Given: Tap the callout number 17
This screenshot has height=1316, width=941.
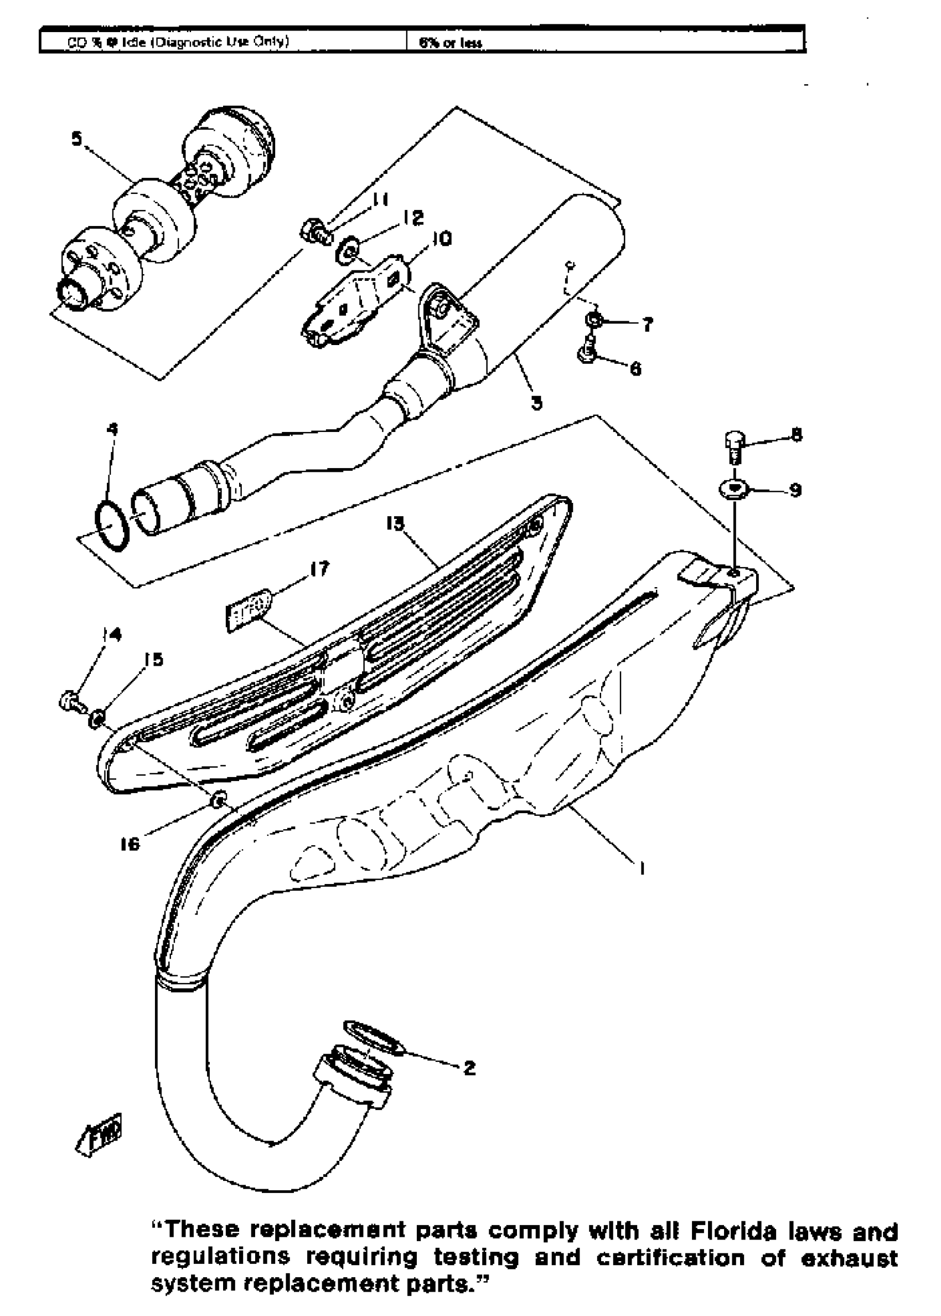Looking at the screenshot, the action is pyautogui.click(x=319, y=568).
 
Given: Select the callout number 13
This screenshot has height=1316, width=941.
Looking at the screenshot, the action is pyautogui.click(x=395, y=523).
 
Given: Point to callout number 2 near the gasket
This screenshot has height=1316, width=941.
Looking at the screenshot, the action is pyautogui.click(x=469, y=1067).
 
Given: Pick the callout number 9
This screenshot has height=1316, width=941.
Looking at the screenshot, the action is pyautogui.click(x=795, y=491).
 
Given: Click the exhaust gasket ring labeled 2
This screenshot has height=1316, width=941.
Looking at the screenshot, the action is pyautogui.click(x=373, y=1038).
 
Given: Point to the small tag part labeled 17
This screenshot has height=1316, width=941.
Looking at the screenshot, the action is pyautogui.click(x=247, y=609).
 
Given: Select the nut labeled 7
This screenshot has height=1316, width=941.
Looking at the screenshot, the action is pyautogui.click(x=593, y=320).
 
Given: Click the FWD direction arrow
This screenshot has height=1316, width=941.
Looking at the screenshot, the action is pyautogui.click(x=100, y=1134).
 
